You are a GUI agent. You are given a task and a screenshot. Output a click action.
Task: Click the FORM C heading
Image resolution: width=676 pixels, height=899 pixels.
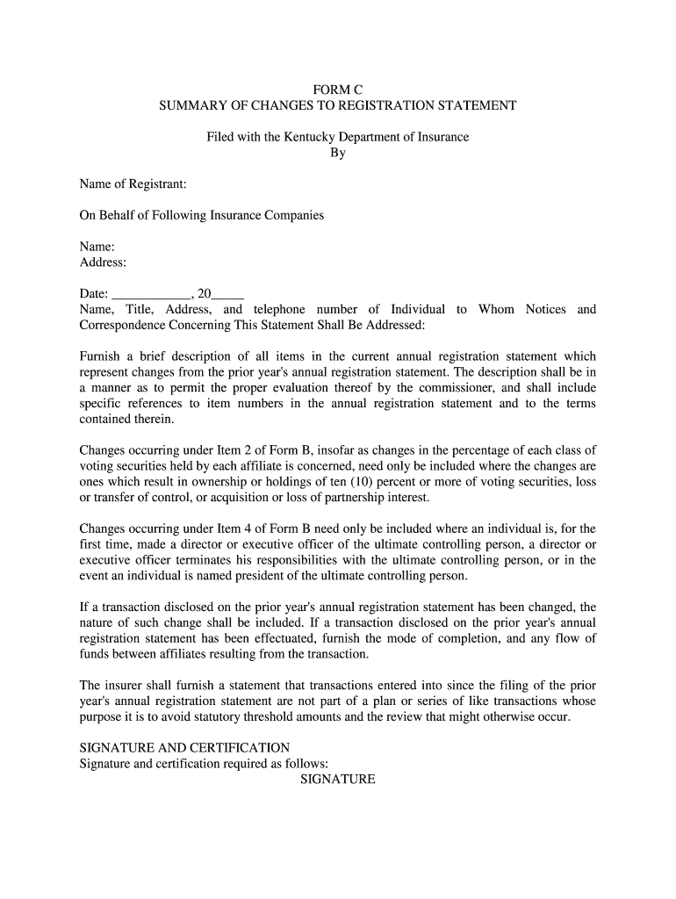tap(338, 90)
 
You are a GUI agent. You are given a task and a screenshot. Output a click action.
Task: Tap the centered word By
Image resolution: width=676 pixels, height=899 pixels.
tap(338, 153)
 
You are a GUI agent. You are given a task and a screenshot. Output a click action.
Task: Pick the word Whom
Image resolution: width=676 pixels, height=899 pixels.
tap(496, 310)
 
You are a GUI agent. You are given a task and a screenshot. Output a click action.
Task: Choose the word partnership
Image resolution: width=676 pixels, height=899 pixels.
tap(349, 498)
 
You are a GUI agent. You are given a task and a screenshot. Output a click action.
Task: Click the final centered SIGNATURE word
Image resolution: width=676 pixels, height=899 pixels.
tap(338, 780)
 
